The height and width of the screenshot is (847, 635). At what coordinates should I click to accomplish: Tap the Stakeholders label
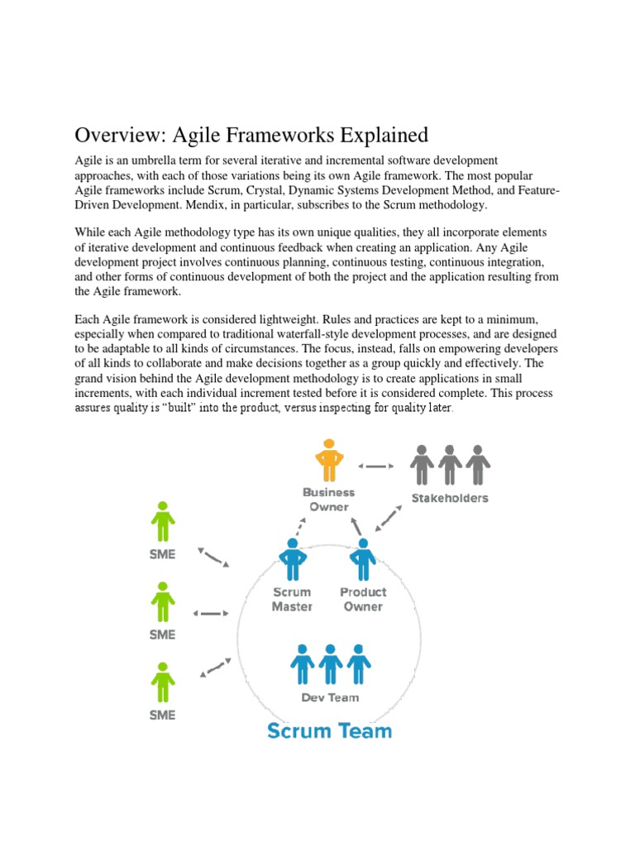coord(450,498)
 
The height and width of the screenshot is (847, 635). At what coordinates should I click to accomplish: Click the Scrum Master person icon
coord(291,560)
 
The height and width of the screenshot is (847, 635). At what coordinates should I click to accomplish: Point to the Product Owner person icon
coord(362,560)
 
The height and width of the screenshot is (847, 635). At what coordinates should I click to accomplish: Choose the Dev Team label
coord(330,697)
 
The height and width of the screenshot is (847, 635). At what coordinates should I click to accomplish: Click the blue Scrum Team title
coord(330,730)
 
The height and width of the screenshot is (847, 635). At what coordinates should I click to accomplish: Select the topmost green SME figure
coord(163,521)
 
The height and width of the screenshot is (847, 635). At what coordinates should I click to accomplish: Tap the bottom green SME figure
coord(163,683)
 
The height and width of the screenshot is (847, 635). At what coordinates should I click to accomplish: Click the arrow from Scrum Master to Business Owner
coord(300,526)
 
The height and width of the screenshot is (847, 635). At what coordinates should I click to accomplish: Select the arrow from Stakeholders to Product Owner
coord(388,518)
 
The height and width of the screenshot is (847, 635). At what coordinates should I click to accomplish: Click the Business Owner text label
coord(328,499)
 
